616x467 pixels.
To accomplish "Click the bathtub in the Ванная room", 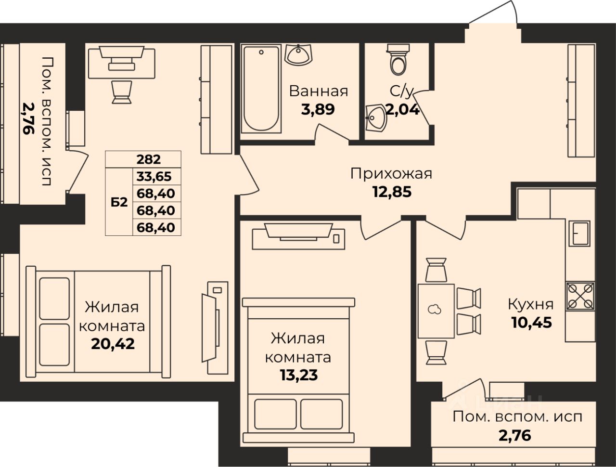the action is [261, 89].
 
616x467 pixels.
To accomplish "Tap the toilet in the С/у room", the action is [398, 60].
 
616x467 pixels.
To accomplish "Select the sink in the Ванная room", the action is [298, 54].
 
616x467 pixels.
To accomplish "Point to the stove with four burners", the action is [580, 296].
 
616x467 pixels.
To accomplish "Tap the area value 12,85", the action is [392, 192].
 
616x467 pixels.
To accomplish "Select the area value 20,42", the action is [113, 344].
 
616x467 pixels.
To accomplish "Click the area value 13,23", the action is [299, 375].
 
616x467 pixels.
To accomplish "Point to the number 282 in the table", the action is [148, 160].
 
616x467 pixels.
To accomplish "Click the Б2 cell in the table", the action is [119, 202].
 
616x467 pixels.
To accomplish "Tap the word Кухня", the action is [531, 304].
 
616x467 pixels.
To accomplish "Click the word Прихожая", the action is [391, 174].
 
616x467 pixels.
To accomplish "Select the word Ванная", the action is [319, 91].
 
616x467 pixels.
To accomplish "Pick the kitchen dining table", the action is [436, 311].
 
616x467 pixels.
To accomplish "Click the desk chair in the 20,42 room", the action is [122, 92].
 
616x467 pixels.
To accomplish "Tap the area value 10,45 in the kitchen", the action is [531, 323].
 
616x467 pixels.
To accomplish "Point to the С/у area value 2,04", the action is [403, 109].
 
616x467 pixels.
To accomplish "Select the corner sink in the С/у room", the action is [376, 118].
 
